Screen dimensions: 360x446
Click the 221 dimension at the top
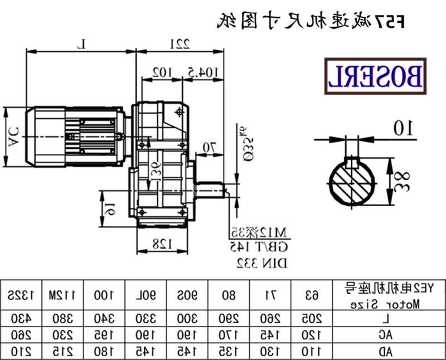pos(178,43)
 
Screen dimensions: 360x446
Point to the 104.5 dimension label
pos(202,71)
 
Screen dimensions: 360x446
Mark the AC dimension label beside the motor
pos(13,136)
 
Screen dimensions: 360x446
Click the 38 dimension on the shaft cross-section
pos(403,182)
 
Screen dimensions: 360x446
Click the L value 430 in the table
pos(21,319)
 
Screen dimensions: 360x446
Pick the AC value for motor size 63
pos(312,335)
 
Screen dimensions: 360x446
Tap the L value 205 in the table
pos(312,319)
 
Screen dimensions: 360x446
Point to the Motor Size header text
pos(386,304)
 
